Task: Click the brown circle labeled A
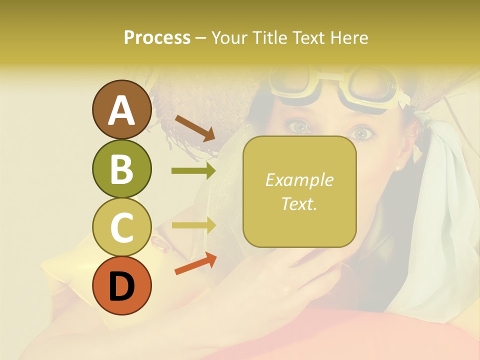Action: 121,110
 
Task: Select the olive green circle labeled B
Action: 121,168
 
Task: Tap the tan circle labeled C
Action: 121,227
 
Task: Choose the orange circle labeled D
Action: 121,286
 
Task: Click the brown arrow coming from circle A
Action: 194,128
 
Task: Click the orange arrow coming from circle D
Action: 195,263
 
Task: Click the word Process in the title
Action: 157,37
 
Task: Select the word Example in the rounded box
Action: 299,180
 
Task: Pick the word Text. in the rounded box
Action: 299,203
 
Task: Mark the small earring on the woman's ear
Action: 398,168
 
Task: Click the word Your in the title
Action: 229,37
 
